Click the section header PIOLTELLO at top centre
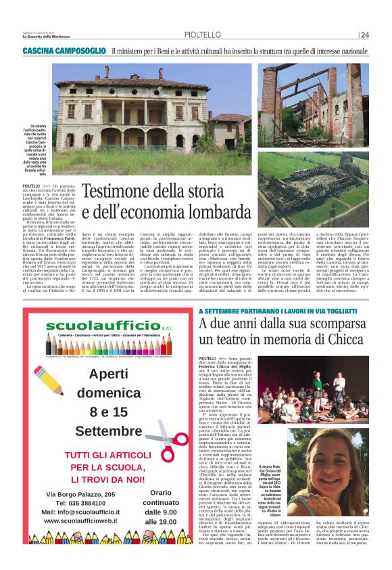point(200,35)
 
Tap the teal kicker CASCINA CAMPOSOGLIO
point(64,51)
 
